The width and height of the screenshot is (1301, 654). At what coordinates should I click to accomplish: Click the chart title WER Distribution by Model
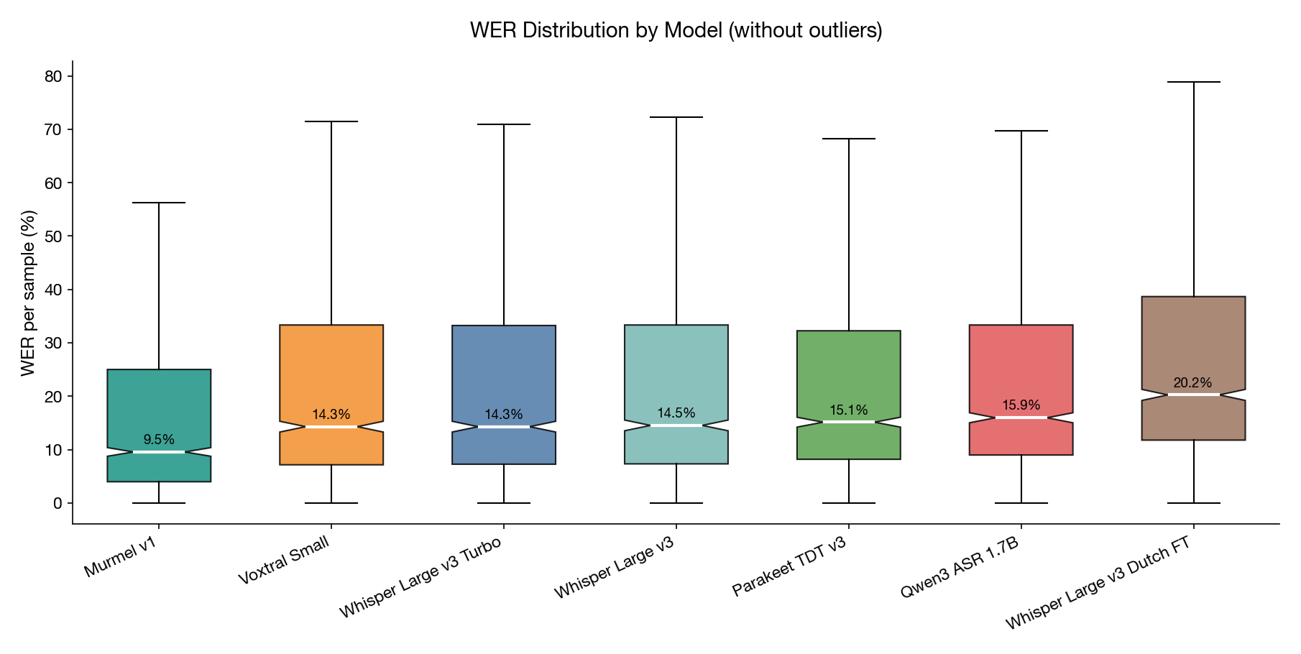[676, 30]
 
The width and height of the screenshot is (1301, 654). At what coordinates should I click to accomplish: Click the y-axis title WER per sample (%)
[28, 293]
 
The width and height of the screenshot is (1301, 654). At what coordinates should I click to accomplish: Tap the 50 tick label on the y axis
[53, 236]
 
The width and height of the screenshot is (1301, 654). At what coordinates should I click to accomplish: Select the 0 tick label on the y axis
[58, 503]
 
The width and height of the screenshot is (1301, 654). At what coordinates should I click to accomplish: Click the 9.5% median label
[159, 440]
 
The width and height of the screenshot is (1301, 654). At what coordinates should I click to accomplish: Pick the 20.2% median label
[1192, 383]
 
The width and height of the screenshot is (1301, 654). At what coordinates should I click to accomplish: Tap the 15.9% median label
[1021, 405]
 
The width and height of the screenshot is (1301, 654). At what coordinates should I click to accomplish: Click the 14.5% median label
[676, 413]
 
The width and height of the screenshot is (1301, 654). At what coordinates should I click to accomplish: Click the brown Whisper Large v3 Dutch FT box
[1193, 338]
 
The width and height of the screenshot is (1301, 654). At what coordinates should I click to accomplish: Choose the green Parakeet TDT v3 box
[849, 374]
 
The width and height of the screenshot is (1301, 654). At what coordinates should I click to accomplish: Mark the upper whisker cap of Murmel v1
[159, 203]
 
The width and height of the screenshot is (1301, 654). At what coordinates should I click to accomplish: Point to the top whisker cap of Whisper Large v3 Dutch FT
[1193, 82]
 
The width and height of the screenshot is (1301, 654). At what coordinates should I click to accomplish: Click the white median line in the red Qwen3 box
[1021, 418]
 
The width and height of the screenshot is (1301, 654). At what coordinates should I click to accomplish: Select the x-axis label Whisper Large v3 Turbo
[420, 577]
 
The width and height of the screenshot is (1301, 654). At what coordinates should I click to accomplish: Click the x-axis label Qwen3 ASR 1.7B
[960, 567]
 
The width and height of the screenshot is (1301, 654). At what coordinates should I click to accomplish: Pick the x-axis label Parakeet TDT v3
[789, 566]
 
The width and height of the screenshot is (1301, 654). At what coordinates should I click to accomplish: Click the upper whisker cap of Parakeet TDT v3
[849, 139]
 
